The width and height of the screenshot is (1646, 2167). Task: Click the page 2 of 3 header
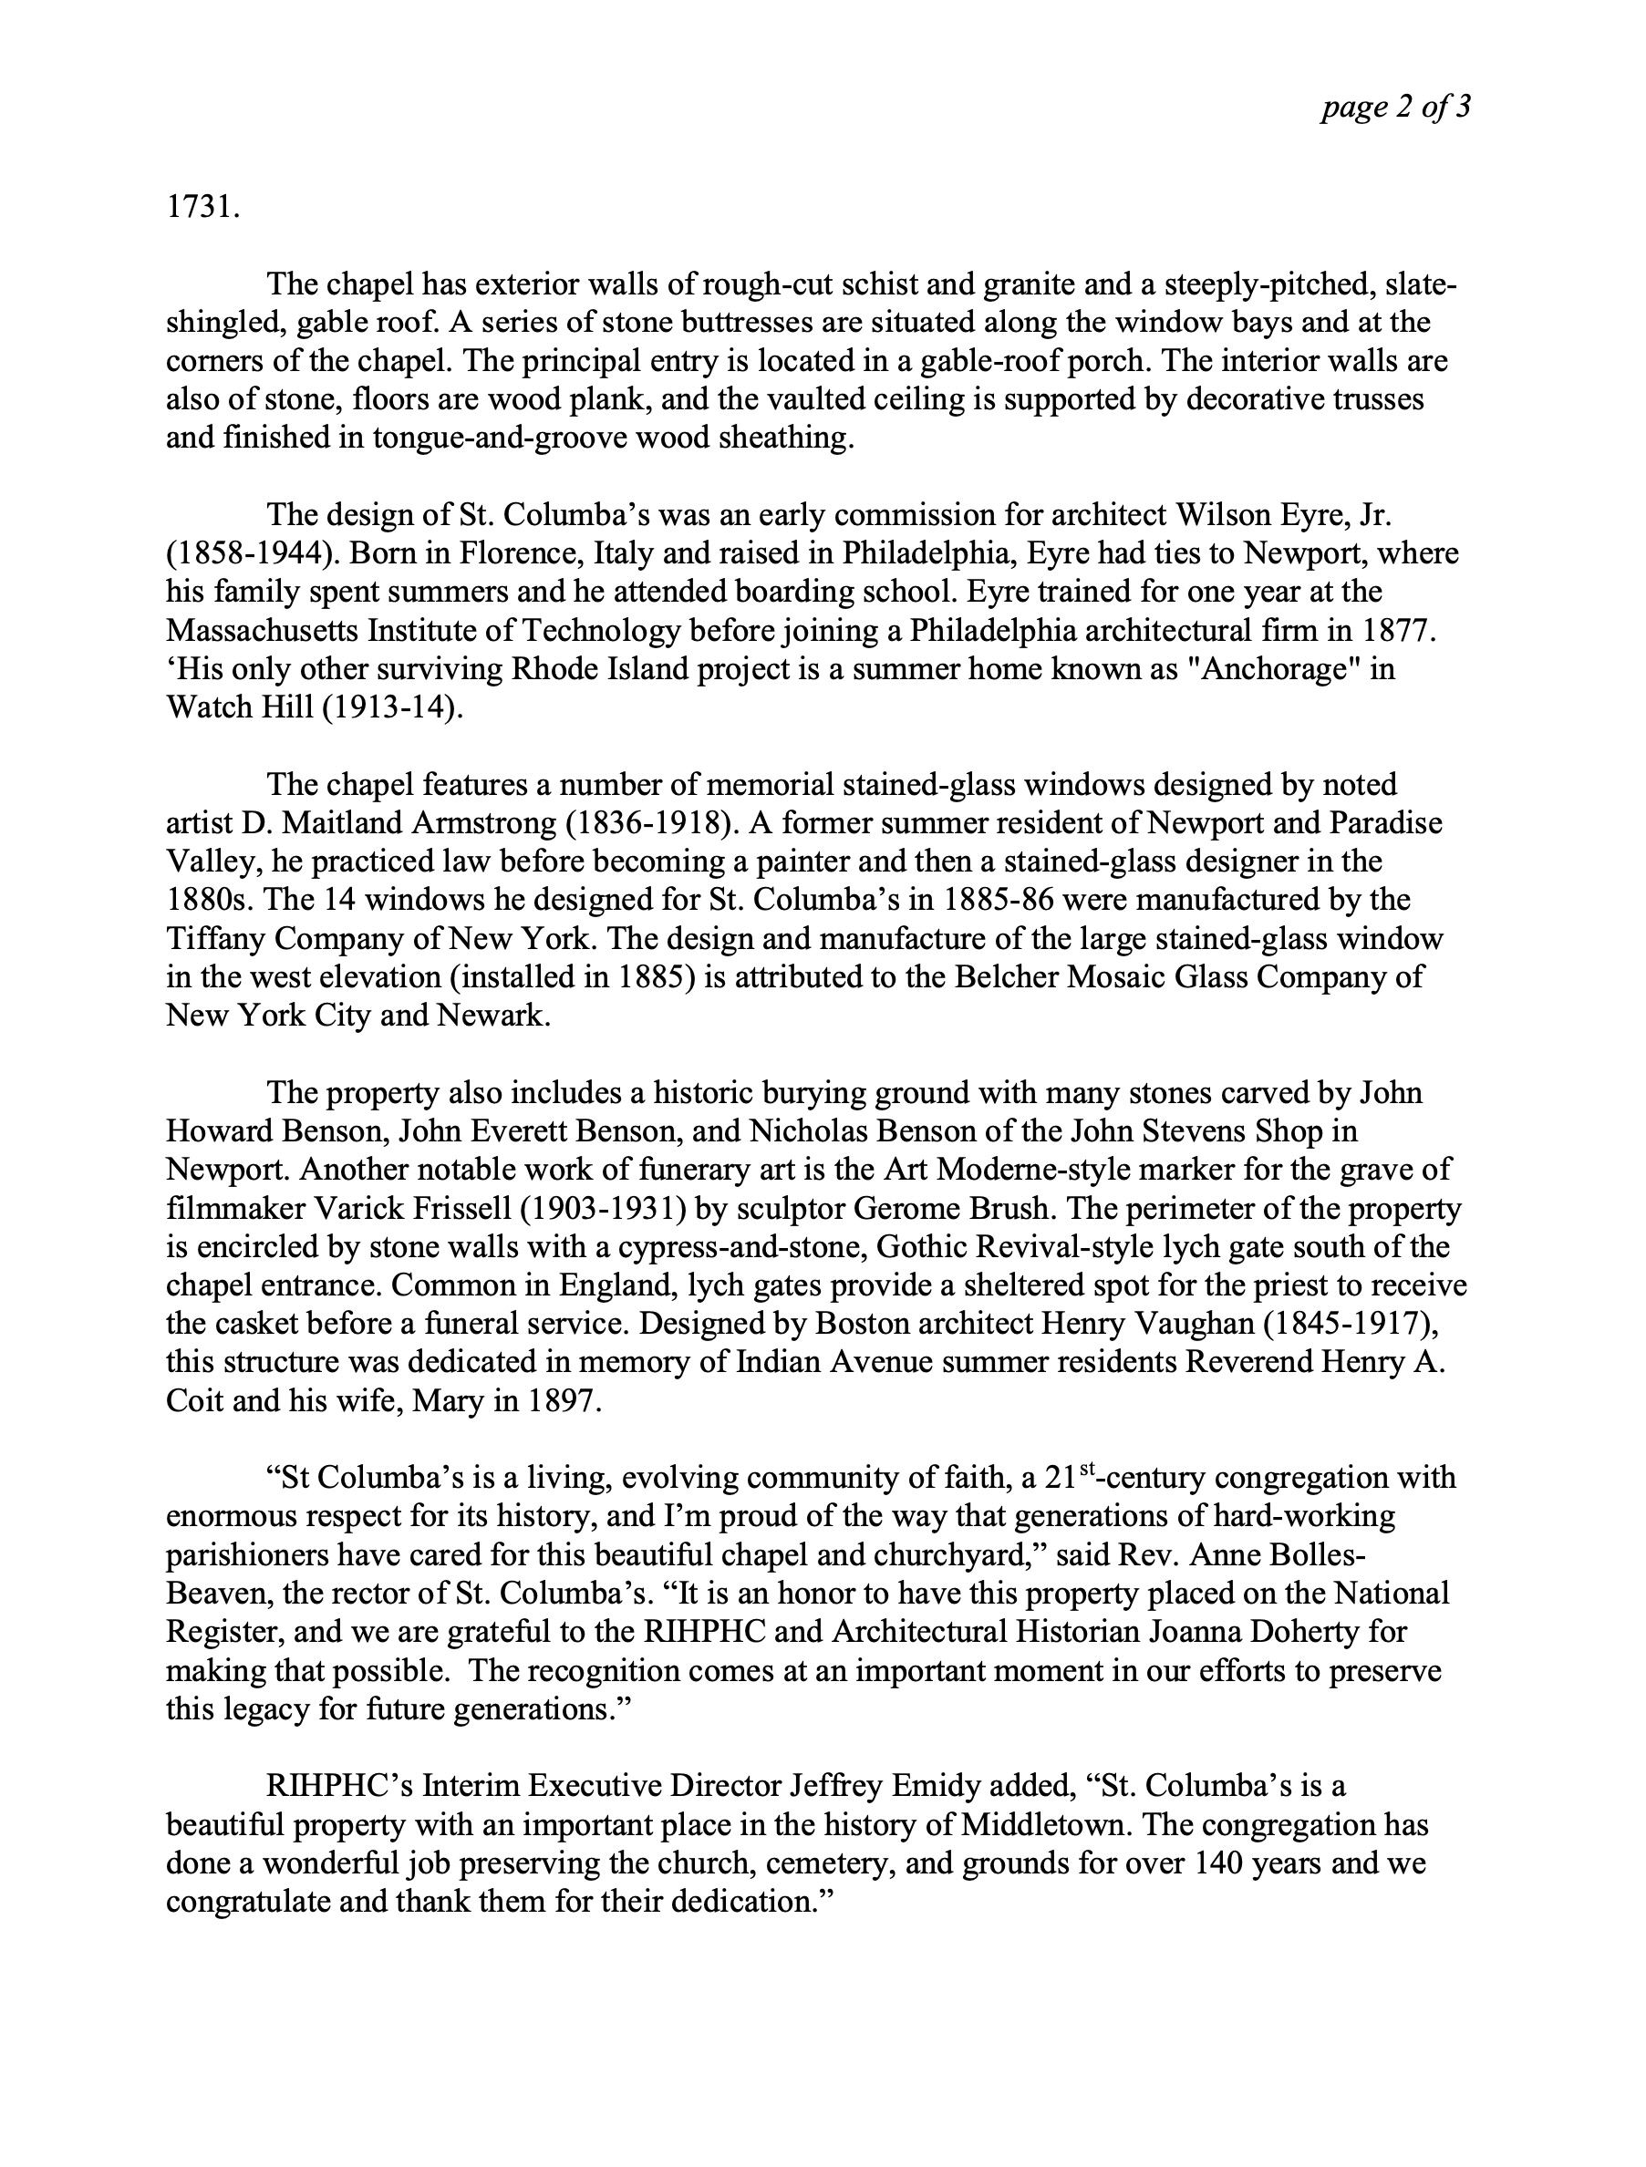tap(1395, 107)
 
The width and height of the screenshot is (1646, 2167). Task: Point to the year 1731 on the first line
tap(202, 208)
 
